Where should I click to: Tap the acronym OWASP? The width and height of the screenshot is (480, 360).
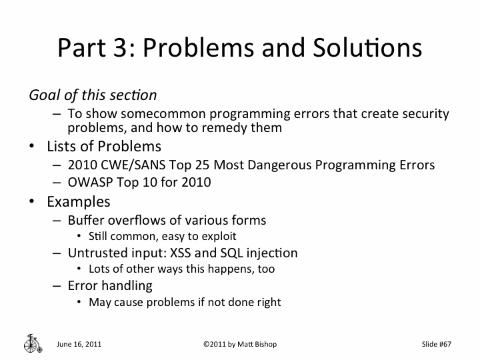[87, 181]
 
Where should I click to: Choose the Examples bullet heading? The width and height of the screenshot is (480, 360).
[78, 201]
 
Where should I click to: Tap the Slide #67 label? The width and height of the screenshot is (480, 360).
[437, 344]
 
